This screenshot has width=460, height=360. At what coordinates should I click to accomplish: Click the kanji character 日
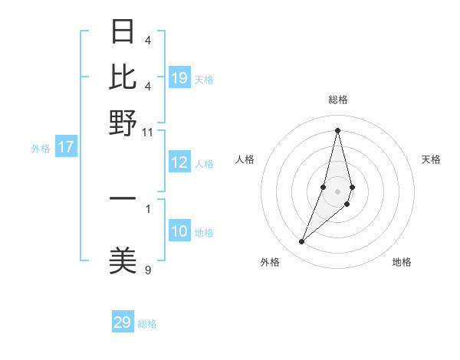click(123, 31)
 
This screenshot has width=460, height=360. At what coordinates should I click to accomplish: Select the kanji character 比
click(123, 77)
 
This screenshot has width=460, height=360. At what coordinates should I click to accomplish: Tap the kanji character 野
click(123, 123)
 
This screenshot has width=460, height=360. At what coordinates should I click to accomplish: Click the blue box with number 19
click(179, 77)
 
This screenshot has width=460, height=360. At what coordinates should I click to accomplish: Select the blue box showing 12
click(179, 162)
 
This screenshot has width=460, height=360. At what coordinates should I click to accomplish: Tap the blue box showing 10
click(179, 231)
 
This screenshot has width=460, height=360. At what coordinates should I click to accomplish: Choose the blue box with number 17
click(66, 147)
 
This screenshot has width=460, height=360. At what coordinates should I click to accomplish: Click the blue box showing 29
click(123, 322)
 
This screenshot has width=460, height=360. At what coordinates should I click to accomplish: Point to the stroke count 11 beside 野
click(147, 132)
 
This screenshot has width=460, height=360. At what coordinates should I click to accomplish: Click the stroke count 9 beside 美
click(148, 270)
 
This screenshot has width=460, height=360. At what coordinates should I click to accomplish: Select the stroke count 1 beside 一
click(148, 208)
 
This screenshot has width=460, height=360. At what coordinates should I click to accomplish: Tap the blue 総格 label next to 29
click(147, 324)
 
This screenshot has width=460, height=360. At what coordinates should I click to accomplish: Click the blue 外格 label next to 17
click(40, 149)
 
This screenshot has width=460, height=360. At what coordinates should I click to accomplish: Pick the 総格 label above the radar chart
click(337, 100)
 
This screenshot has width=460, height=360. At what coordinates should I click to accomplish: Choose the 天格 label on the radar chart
click(431, 159)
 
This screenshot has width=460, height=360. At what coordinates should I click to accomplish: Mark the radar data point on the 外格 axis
click(301, 242)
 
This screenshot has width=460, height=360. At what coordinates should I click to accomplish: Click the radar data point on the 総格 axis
click(337, 129)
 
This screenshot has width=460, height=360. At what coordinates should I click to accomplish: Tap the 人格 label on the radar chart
click(245, 159)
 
